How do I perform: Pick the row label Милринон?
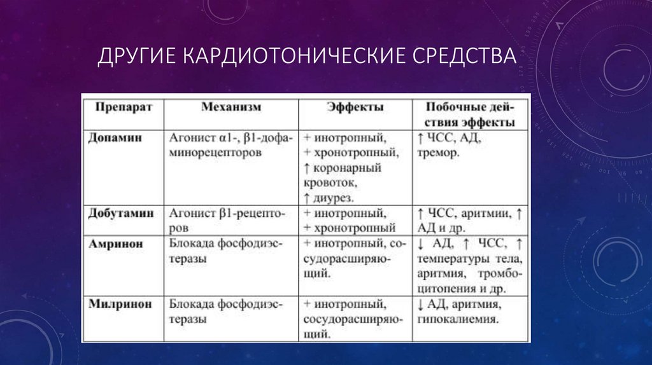120,304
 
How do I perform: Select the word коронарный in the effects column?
347,168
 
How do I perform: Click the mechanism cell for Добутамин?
227,221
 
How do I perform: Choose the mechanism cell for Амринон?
225,251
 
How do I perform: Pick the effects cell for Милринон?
355,319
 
